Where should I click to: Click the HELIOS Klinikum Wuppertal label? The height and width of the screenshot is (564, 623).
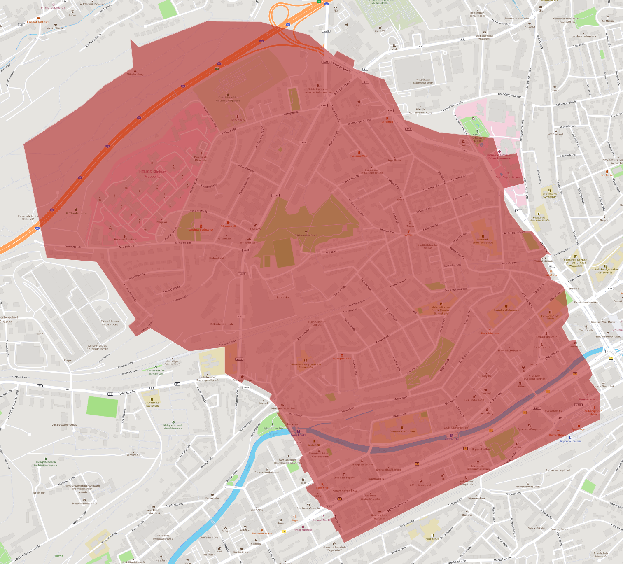point(153,174)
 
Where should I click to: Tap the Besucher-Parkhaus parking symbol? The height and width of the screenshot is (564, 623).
point(125,236)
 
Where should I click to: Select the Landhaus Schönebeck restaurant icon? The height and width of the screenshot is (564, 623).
point(201,226)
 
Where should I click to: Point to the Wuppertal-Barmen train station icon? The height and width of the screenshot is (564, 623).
point(571,437)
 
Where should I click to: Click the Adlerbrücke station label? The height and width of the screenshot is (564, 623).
point(452,439)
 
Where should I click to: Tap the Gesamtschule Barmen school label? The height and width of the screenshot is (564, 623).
point(402,431)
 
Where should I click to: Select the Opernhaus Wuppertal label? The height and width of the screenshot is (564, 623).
point(530,429)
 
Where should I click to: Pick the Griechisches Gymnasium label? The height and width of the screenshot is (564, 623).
point(550,195)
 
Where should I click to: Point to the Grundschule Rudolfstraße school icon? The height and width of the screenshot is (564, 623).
point(152,399)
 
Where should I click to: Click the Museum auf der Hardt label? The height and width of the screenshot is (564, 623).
point(84,503)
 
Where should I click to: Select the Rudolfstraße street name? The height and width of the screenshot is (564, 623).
point(126,393)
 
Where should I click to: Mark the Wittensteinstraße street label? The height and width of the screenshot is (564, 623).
point(398,506)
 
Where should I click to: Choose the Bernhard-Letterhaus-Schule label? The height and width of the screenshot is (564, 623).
point(483,241)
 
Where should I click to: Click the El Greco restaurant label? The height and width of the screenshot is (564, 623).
point(409,235)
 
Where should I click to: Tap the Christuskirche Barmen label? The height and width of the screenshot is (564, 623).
point(509,350)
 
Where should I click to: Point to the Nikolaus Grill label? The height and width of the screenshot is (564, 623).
point(228,226)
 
